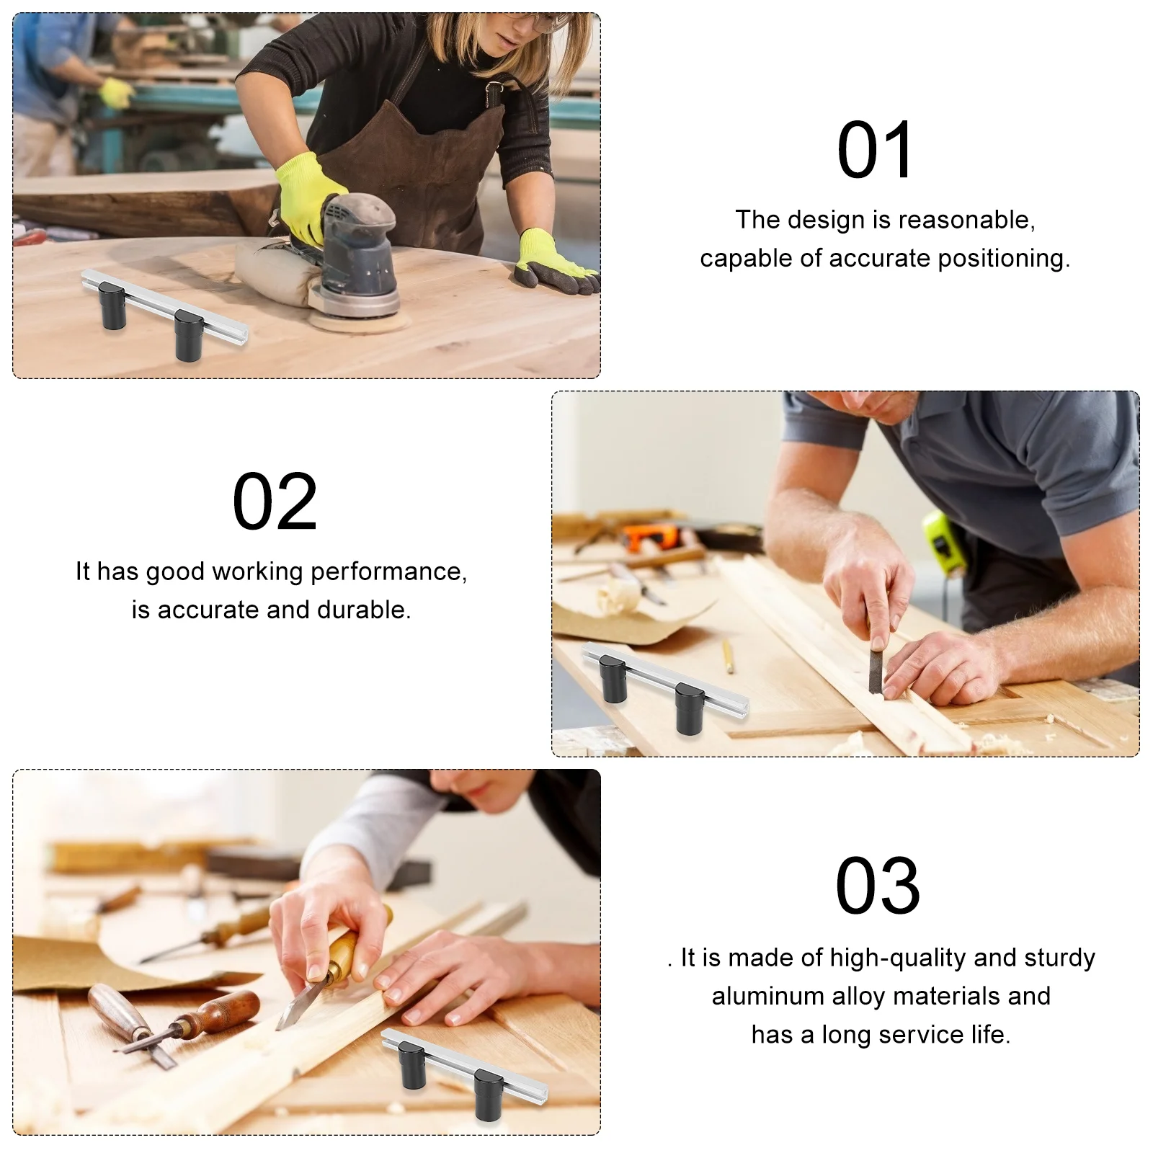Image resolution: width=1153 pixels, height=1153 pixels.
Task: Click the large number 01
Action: (x=876, y=151)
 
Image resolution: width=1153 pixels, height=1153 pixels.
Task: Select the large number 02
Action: (x=275, y=502)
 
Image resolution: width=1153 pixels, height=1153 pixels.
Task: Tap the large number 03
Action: (x=878, y=886)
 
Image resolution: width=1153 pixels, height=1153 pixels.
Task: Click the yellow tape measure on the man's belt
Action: (x=944, y=543)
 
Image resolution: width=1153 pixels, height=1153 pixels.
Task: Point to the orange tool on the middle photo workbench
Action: (x=649, y=536)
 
